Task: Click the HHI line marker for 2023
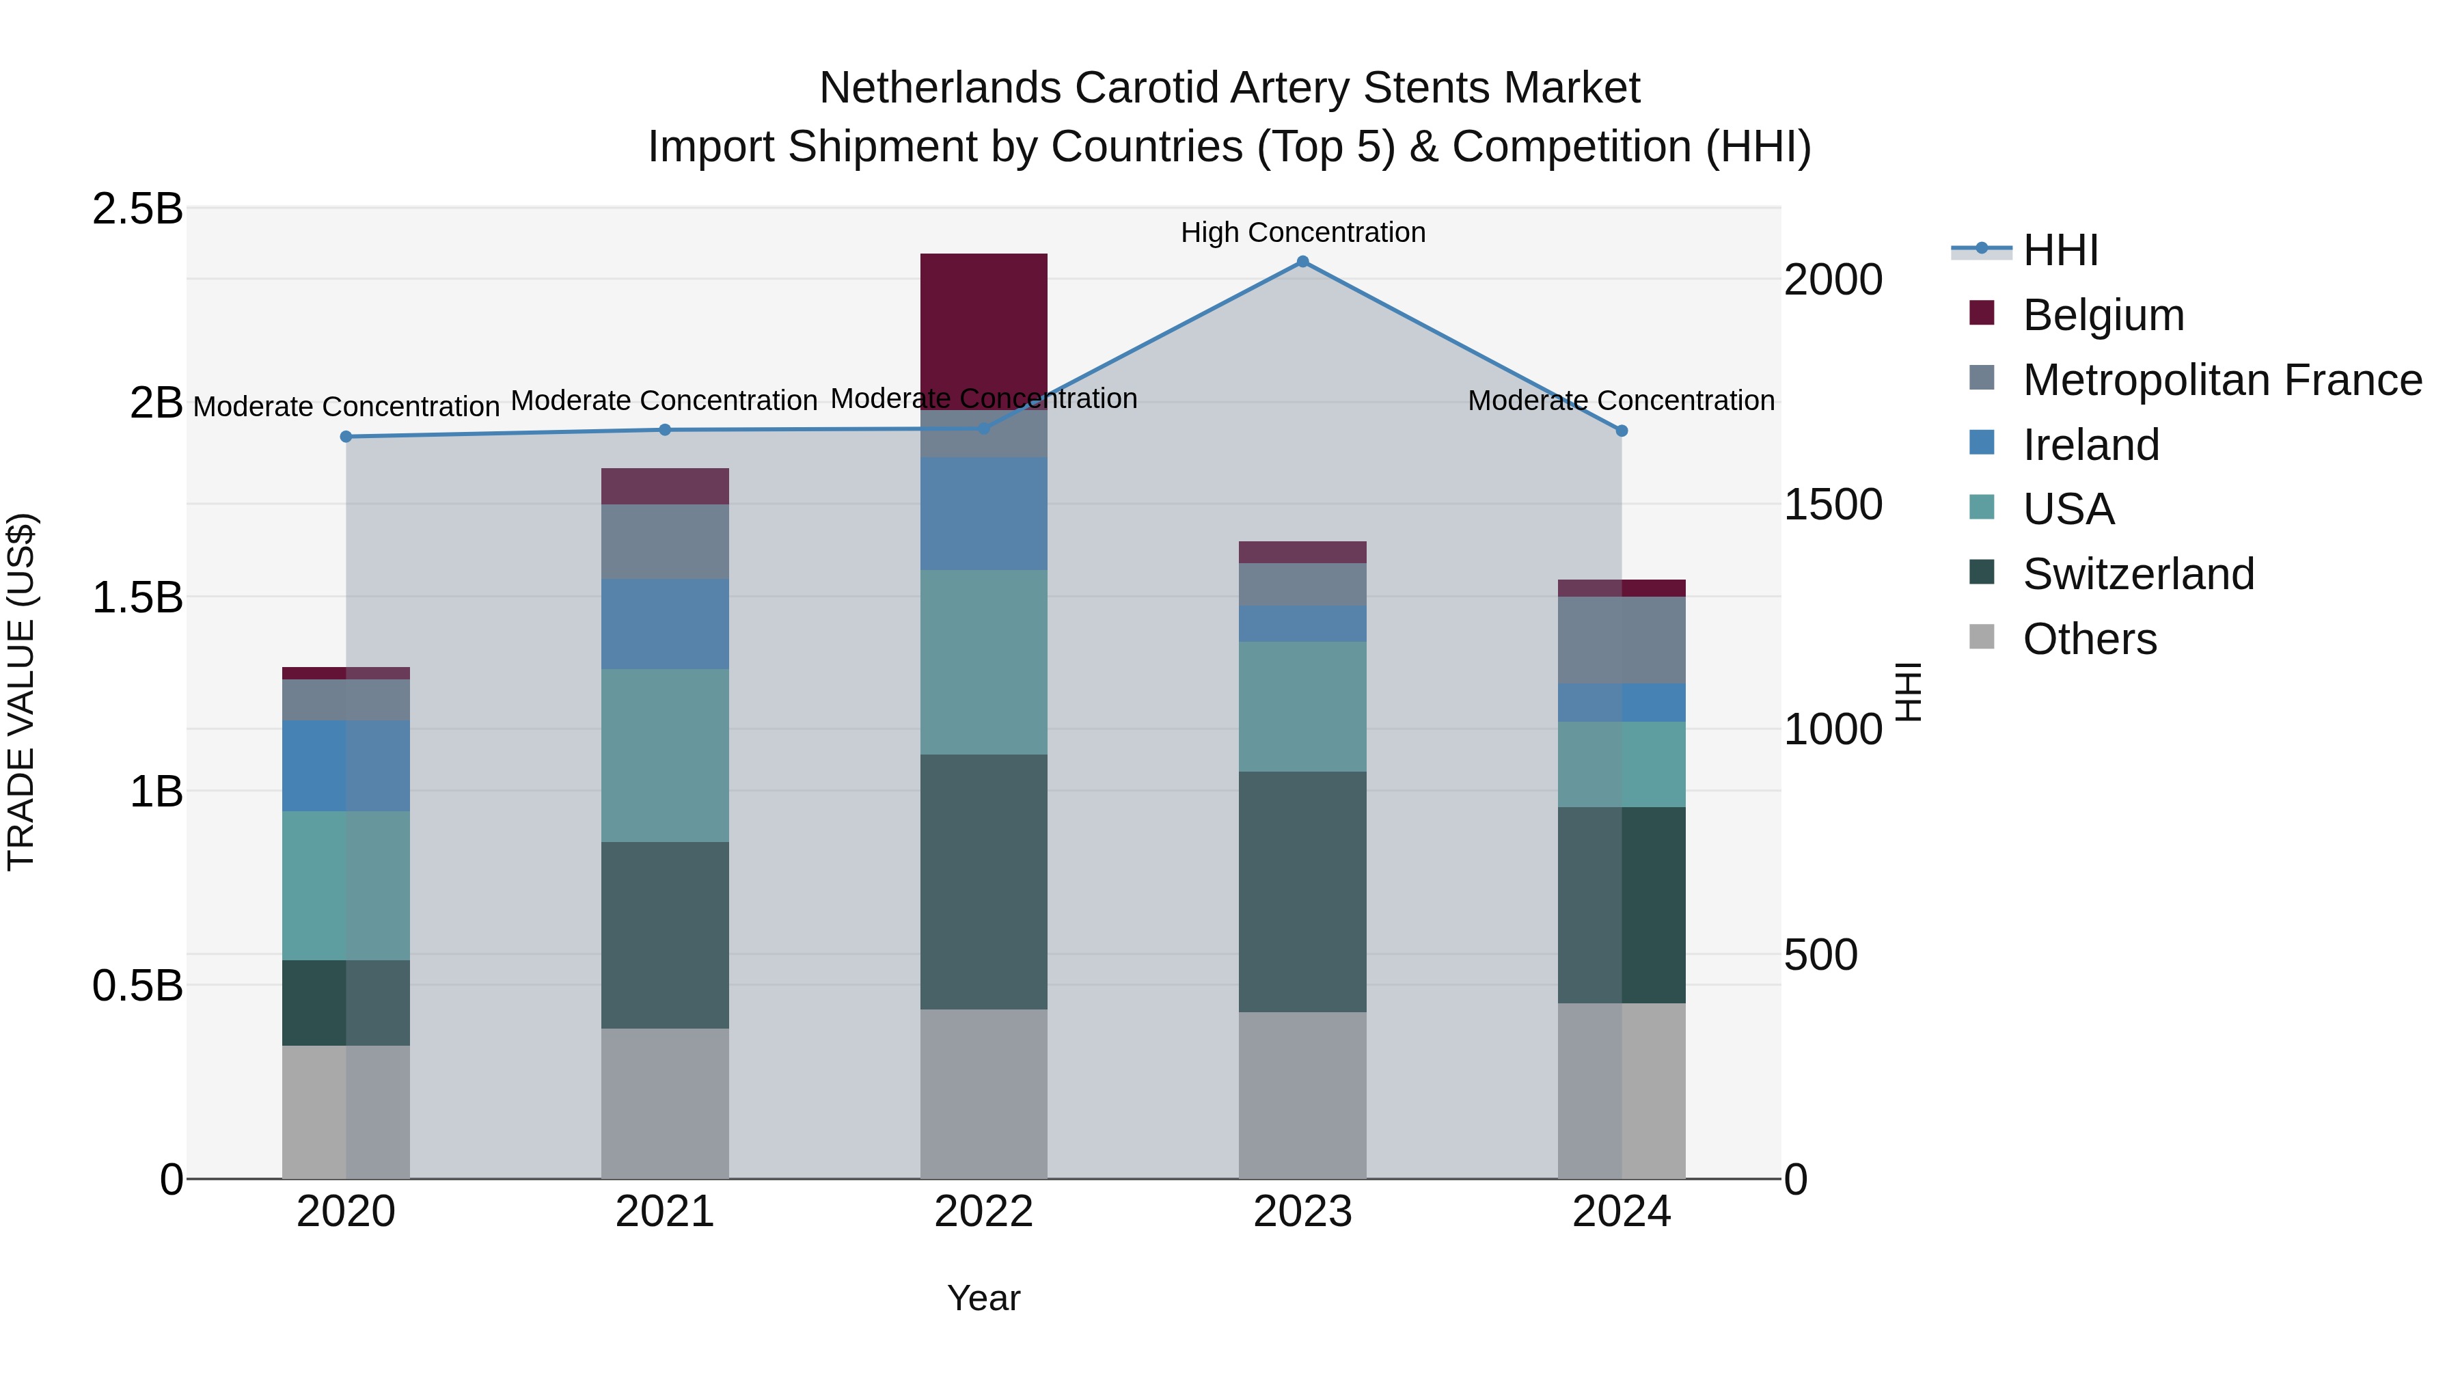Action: coord(1302,262)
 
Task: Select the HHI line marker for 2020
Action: coord(346,437)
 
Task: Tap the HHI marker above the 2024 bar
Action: coord(1622,431)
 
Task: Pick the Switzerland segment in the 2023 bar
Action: coord(1302,891)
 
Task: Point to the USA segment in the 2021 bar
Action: coord(665,755)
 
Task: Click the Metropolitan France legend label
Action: coord(2222,380)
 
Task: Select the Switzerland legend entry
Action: coord(2138,574)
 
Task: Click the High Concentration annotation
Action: coord(1302,232)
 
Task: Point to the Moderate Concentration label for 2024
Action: coord(1621,401)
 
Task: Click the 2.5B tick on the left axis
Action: coord(137,209)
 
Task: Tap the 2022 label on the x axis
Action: coord(983,1212)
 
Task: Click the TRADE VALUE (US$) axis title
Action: coord(21,692)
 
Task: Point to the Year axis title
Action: coord(983,1298)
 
